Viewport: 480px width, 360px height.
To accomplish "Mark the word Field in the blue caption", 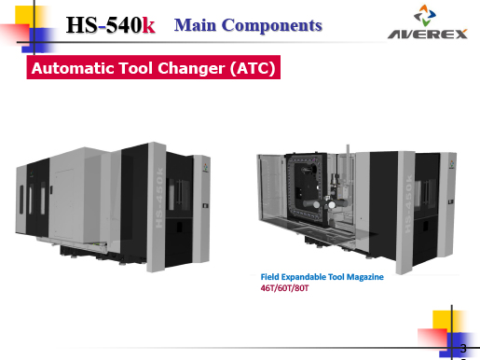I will pyautogui.click(x=271, y=277).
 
